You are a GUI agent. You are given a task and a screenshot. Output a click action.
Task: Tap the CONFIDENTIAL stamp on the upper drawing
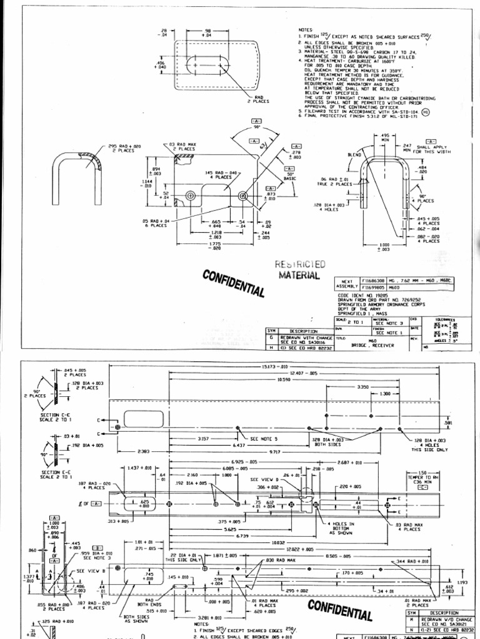click(233, 283)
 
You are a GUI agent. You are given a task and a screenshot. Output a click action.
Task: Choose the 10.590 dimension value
click(284, 379)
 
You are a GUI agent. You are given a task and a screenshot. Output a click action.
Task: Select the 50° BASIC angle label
click(291, 178)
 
